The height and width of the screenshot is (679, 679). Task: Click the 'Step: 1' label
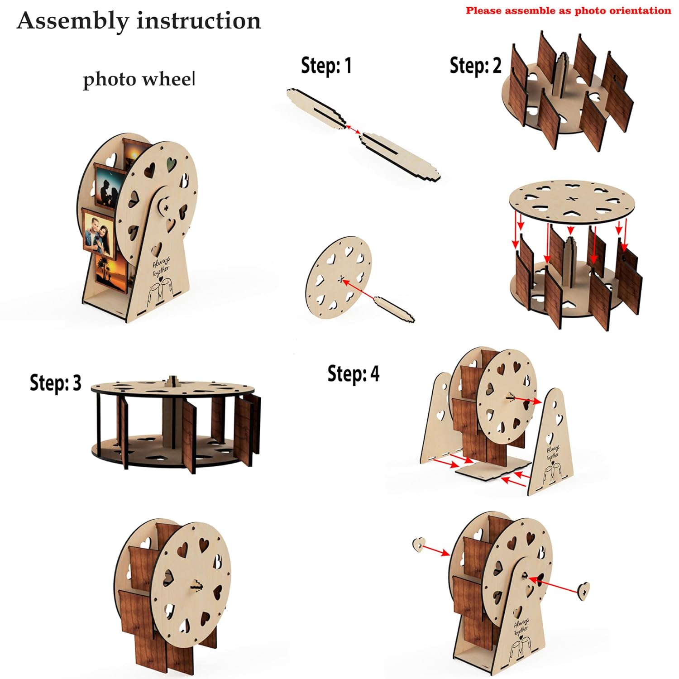click(x=326, y=66)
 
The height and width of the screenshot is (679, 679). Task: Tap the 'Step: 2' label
click(x=475, y=66)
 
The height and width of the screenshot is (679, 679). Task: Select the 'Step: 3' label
click(x=55, y=383)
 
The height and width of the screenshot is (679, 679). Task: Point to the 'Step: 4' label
click(x=353, y=374)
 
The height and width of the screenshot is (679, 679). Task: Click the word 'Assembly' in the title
click(x=72, y=21)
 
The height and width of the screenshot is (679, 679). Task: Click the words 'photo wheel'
click(x=139, y=80)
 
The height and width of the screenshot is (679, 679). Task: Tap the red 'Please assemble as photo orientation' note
click(x=568, y=11)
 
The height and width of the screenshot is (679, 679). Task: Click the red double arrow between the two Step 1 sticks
click(x=354, y=129)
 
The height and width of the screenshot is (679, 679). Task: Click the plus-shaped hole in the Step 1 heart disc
click(x=340, y=279)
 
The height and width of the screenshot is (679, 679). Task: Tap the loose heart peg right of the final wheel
click(x=584, y=591)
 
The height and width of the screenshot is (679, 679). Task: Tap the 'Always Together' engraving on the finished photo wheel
click(x=161, y=267)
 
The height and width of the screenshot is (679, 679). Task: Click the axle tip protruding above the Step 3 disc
click(x=172, y=380)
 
